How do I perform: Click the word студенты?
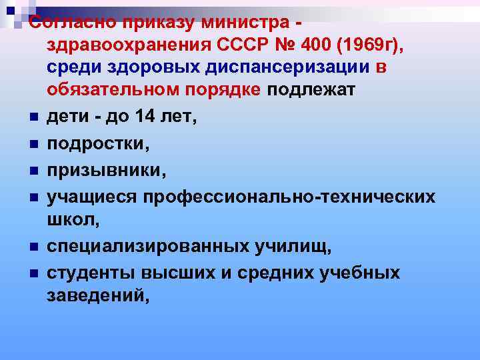pyautogui.click(x=87, y=273)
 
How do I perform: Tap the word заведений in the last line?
pyautogui.click(x=95, y=296)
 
